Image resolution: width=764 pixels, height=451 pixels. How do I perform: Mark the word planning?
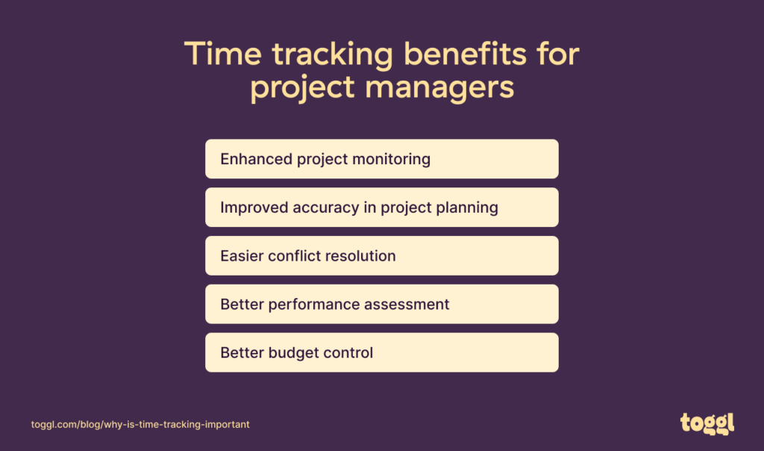point(466,208)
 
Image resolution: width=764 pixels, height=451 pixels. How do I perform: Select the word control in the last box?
point(346,352)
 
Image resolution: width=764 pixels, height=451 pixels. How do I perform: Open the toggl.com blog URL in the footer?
point(140,424)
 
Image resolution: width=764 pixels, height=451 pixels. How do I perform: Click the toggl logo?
point(707,423)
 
